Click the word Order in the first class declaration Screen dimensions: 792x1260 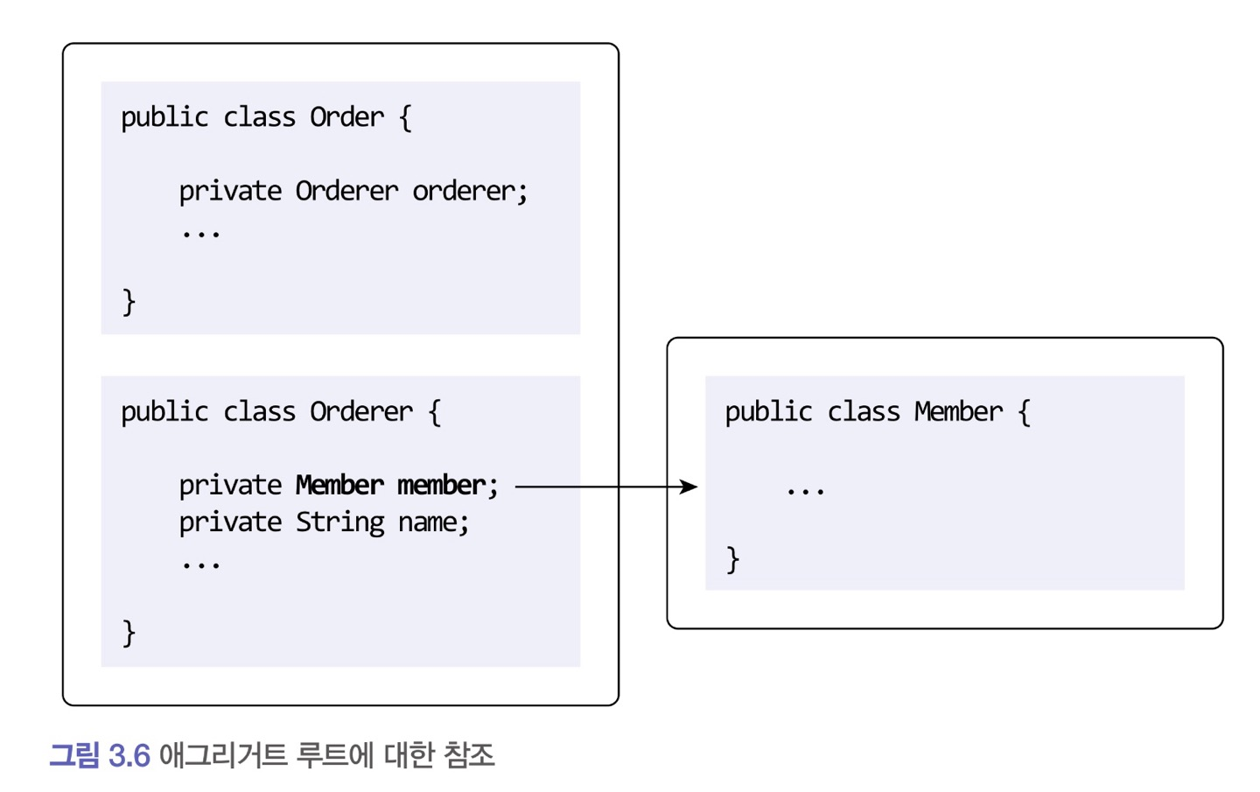pyautogui.click(x=346, y=117)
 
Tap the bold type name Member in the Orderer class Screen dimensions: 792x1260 pyautogui.click(x=339, y=485)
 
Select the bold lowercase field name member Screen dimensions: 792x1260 pyautogui.click(x=442, y=485)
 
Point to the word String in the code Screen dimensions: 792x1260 pyautogui.click(x=339, y=522)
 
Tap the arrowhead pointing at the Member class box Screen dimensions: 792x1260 pyautogui.click(x=689, y=487)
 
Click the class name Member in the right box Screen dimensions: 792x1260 pyautogui.click(x=958, y=411)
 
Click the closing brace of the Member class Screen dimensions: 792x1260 pyautogui.click(x=733, y=559)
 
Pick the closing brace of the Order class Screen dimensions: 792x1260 pyautogui.click(x=129, y=302)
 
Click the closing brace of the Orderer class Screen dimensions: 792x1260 pyautogui.click(x=129, y=632)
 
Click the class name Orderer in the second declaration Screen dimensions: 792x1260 pyautogui.click(x=360, y=411)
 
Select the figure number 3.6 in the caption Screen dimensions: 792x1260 pyautogui.click(x=129, y=755)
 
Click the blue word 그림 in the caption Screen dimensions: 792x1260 pyautogui.click(x=74, y=755)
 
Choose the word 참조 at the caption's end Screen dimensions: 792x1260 pyautogui.click(x=469, y=755)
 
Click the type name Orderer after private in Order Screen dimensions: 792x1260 pyautogui.click(x=346, y=191)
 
